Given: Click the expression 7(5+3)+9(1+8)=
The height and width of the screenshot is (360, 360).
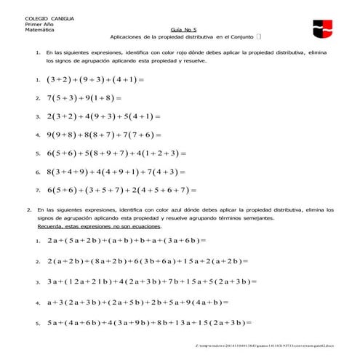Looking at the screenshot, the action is click(x=83, y=97).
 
